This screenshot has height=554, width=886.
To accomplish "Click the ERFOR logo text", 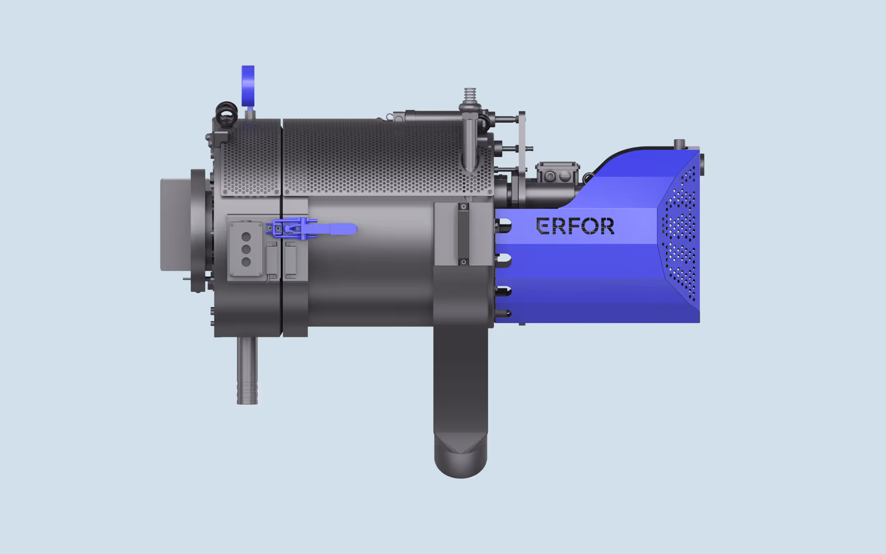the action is click(x=575, y=226).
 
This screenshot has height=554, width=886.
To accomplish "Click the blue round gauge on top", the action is click(x=248, y=87).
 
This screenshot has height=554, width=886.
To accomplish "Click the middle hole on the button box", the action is click(x=246, y=249).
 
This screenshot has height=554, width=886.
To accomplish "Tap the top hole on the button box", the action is click(x=246, y=236).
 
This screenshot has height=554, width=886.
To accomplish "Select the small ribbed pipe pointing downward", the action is click(x=247, y=371).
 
